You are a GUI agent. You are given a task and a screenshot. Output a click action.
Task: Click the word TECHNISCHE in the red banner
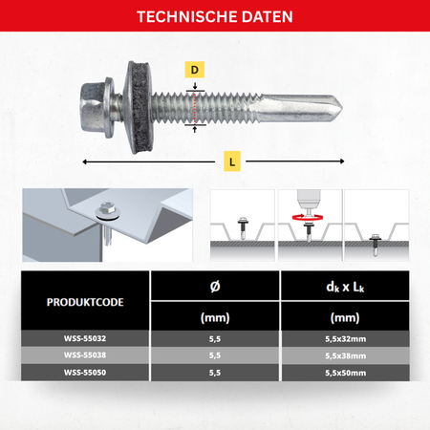pos(187,17)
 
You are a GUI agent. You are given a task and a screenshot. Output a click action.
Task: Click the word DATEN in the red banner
pos(268,17)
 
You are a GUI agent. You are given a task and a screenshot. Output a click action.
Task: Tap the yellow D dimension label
pos(195,70)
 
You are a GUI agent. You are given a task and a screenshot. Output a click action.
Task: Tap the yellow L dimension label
pos(232,161)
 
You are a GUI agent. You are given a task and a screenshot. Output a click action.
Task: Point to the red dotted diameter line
pos(195,108)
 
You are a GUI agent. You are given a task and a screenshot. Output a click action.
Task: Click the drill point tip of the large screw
pos(342,108)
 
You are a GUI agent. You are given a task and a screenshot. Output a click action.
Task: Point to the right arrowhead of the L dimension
pos(342,161)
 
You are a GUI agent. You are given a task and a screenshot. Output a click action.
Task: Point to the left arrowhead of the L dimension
pos(84,161)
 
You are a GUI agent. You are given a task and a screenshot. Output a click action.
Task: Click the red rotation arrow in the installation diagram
pos(308,218)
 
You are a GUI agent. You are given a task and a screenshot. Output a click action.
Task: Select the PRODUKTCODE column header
pos(85,302)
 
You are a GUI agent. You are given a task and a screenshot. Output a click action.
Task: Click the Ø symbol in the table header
pos(215,287)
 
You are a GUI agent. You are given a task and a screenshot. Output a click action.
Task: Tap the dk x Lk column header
pos(345,287)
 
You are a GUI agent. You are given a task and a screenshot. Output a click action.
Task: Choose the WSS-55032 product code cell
pos(85,338)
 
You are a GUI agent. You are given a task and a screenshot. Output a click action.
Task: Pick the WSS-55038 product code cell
pos(85,355)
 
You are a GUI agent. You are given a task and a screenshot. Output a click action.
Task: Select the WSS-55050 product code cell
pos(85,373)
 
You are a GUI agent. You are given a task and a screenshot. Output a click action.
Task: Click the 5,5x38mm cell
pos(346,355)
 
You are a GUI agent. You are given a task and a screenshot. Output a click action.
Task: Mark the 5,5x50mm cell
pos(346,373)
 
